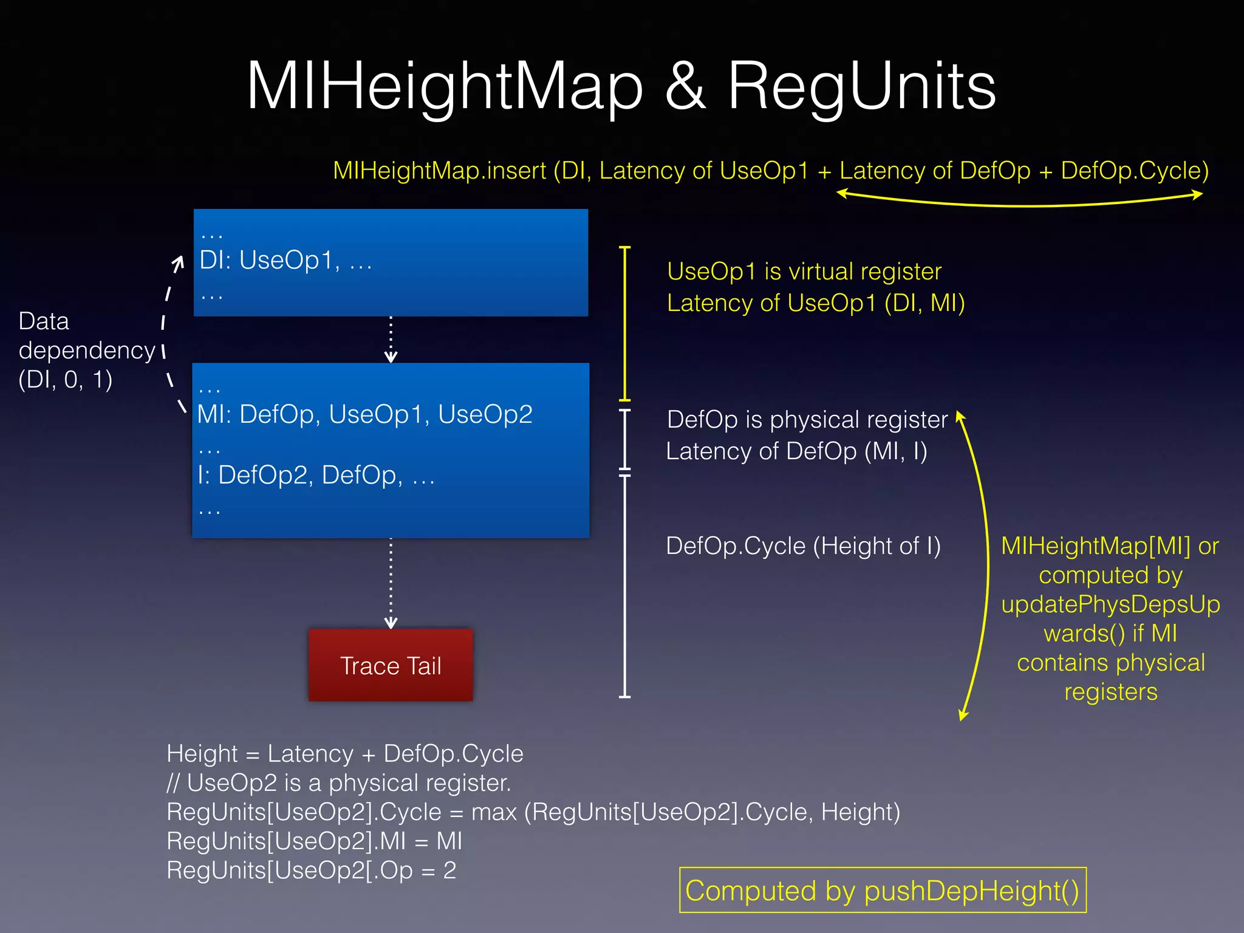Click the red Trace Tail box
click(x=391, y=665)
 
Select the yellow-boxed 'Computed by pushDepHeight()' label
click(x=882, y=890)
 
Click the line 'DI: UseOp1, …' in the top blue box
click(x=285, y=261)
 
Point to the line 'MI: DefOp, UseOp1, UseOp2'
click(x=364, y=414)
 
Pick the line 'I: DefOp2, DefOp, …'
click(x=316, y=475)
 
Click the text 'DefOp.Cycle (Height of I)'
click(x=803, y=545)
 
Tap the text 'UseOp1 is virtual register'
click(x=804, y=272)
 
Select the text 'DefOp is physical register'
click(x=807, y=420)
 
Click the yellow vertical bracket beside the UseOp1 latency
click(x=625, y=323)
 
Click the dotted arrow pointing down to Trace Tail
click(x=391, y=583)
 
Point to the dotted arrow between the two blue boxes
click(x=391, y=339)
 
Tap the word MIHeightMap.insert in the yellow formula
click(x=439, y=171)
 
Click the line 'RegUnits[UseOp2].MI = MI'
click(x=314, y=841)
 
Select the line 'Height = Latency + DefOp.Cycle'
click(x=344, y=754)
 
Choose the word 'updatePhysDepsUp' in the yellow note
click(x=1110, y=604)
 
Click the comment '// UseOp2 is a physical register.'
click(x=338, y=783)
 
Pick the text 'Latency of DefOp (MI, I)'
click(x=796, y=451)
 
